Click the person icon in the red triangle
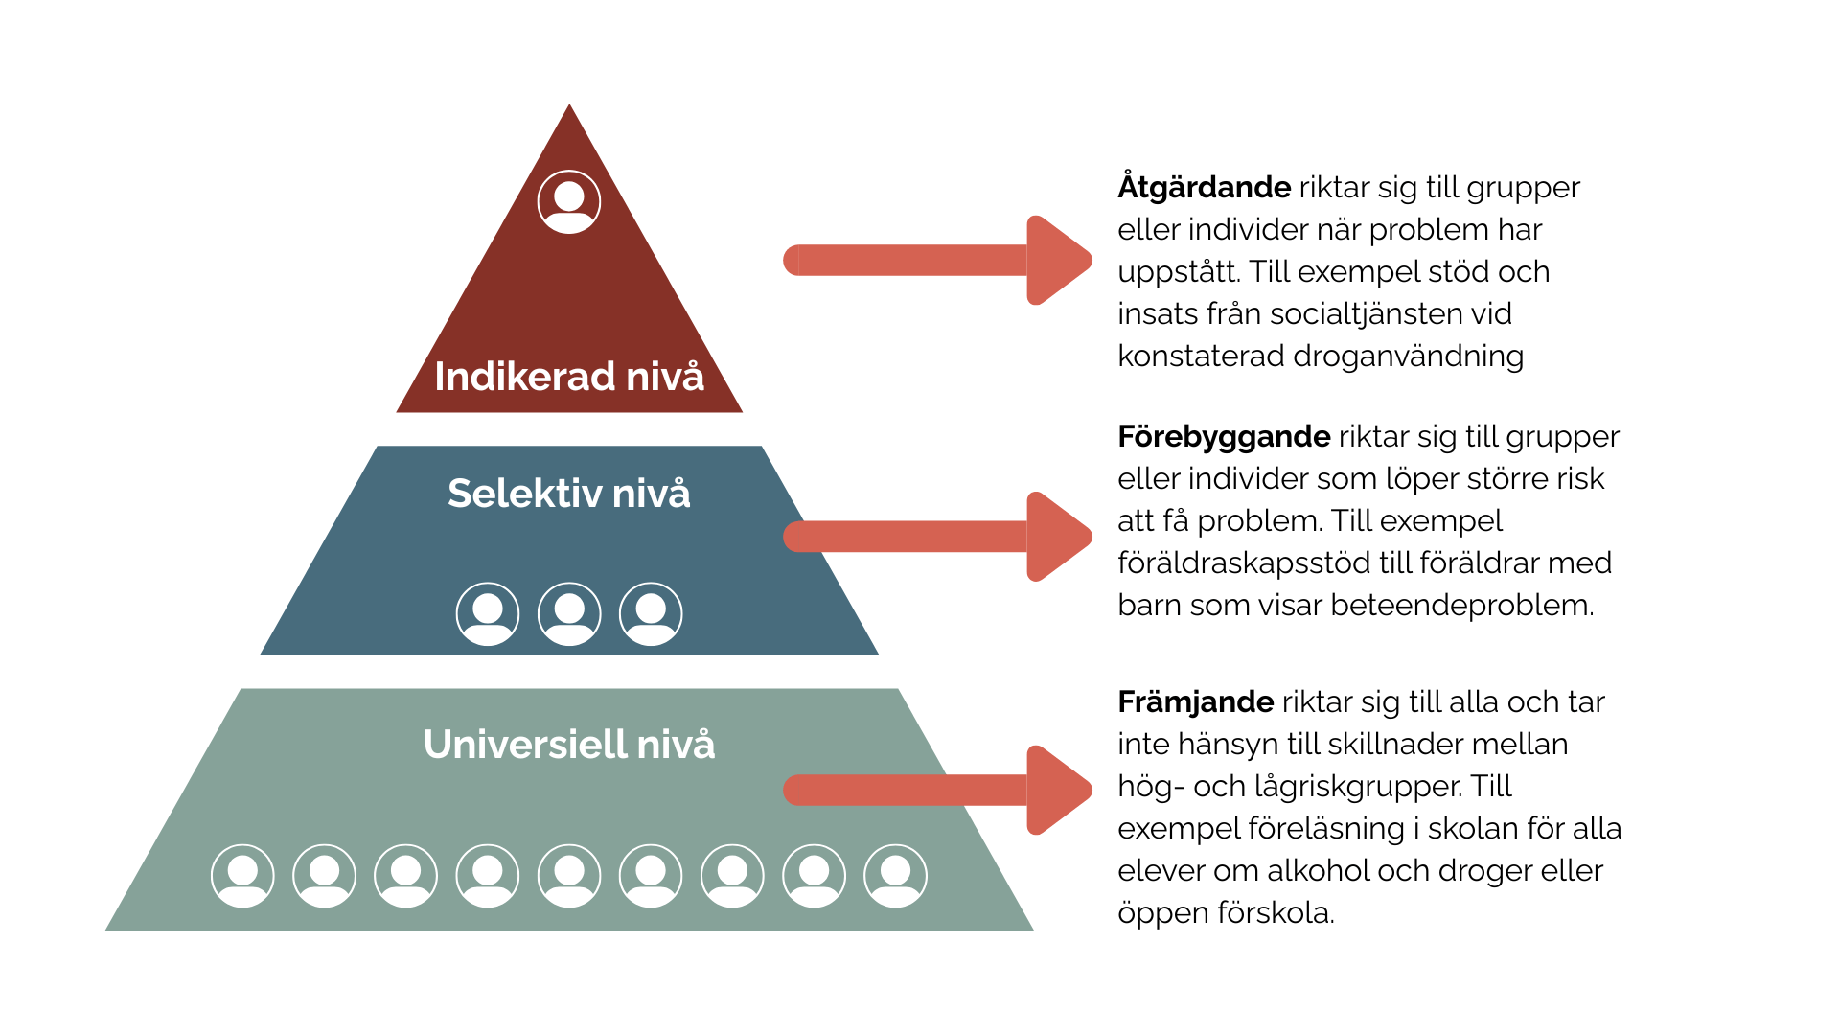click(569, 202)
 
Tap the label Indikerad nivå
click(569, 377)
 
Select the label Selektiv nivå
click(569, 494)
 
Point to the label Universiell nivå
click(569, 745)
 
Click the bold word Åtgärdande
click(1204, 187)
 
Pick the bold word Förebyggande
click(1224, 437)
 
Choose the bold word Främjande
click(1195, 702)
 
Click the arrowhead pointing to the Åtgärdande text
click(1057, 260)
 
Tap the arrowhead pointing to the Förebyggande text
click(1057, 537)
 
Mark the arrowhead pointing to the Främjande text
click(1057, 790)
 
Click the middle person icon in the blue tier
click(569, 614)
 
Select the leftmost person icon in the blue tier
click(488, 614)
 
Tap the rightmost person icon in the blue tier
click(651, 614)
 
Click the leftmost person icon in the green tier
click(242, 876)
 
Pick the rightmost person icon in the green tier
click(896, 876)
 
